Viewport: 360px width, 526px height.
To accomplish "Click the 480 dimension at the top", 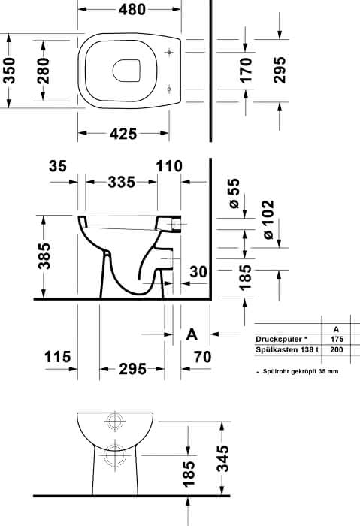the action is click(132, 9).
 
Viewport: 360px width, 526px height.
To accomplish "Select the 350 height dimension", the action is click(9, 71).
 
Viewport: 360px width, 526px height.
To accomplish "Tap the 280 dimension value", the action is click(44, 71).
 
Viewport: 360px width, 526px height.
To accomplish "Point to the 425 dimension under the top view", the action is click(123, 134).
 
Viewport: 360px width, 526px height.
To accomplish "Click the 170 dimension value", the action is click(246, 71).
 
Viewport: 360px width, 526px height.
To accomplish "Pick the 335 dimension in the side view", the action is click(122, 182).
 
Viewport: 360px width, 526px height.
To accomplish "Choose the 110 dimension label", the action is click(169, 166).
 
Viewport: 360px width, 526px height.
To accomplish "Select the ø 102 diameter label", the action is click(268, 219).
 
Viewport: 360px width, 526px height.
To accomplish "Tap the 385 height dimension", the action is click(44, 256).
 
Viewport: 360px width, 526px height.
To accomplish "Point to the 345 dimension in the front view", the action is click(223, 458).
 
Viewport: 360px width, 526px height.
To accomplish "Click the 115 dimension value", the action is click(58, 357).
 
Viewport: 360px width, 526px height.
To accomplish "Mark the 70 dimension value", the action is click(203, 357).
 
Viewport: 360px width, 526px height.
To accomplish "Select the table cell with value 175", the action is click(337, 339).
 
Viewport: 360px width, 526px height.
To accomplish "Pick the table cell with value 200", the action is click(337, 349).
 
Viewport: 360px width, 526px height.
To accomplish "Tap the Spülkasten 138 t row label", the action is click(287, 349).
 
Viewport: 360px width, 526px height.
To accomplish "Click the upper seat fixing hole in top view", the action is click(169, 52).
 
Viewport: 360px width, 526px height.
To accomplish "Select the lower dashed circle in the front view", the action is click(115, 455).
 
